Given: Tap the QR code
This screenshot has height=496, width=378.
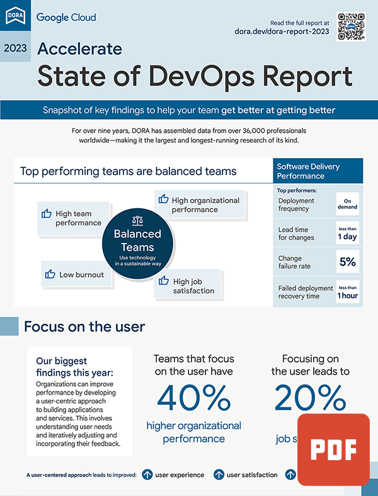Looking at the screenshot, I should pos(352,26).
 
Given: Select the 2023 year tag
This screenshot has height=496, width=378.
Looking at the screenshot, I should pos(15,48).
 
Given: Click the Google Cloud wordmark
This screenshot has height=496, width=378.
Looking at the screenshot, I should pos(66,17).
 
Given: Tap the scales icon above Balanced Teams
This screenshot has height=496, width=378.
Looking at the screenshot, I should pos(137,221).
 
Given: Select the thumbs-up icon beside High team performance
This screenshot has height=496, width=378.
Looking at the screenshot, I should pos(46,214).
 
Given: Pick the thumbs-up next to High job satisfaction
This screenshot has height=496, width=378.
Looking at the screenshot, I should pos(164,281).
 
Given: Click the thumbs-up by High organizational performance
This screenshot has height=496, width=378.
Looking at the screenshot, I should pos(163,200).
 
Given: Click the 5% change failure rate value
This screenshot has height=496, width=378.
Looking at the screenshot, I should pos(347,261).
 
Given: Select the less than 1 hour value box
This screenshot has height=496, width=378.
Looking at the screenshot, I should pos(347,291).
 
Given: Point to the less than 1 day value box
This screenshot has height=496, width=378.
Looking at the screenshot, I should pos(347,233).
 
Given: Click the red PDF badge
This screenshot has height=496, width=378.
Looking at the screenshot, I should pos(333,449).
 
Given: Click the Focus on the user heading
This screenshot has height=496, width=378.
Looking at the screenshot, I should pos(84,327).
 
